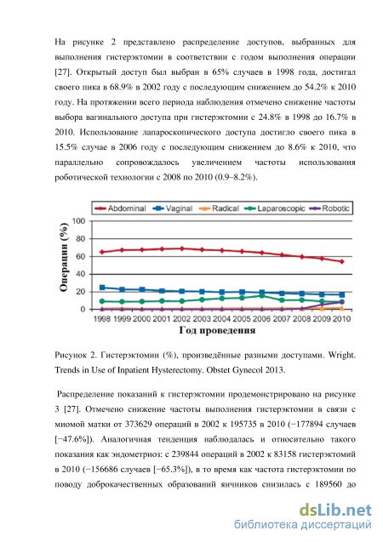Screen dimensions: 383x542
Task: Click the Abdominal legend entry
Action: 120,208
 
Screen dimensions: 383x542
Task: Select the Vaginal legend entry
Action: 173,208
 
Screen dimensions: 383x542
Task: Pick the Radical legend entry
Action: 219,208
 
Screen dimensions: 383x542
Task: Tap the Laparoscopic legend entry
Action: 275,208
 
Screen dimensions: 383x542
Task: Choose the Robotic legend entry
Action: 329,208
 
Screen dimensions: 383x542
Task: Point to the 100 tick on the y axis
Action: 79,221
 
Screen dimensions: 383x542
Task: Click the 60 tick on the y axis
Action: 81,256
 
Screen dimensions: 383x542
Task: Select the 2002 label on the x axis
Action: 182,319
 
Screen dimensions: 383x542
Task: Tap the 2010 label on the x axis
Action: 341,319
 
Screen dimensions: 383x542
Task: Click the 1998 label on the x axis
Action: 102,319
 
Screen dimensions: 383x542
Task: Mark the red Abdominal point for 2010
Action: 341,262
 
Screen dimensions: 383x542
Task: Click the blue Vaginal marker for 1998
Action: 102,288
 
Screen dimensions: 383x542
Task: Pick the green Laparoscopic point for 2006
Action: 261,295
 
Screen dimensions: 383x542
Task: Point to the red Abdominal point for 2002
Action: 182,248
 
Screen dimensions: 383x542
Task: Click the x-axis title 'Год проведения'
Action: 217,330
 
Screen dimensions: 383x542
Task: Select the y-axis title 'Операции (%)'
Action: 64,257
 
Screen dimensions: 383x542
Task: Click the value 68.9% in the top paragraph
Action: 122,87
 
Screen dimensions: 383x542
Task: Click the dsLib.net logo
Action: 335,511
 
